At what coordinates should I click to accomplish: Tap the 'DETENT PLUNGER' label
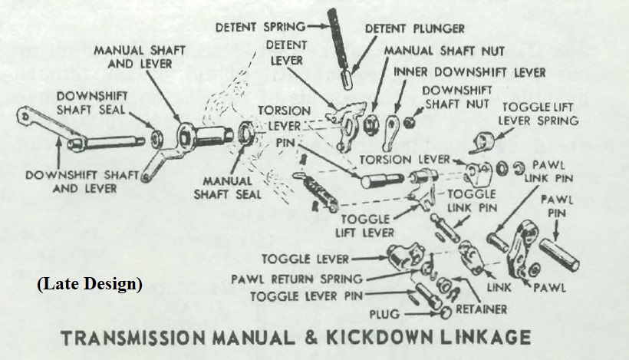click(415, 28)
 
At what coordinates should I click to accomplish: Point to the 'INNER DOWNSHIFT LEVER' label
click(470, 72)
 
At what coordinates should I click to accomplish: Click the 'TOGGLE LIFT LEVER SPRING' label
click(538, 113)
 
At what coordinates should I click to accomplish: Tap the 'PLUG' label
click(384, 314)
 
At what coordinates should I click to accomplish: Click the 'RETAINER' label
click(481, 309)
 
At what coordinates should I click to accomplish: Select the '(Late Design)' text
click(90, 283)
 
